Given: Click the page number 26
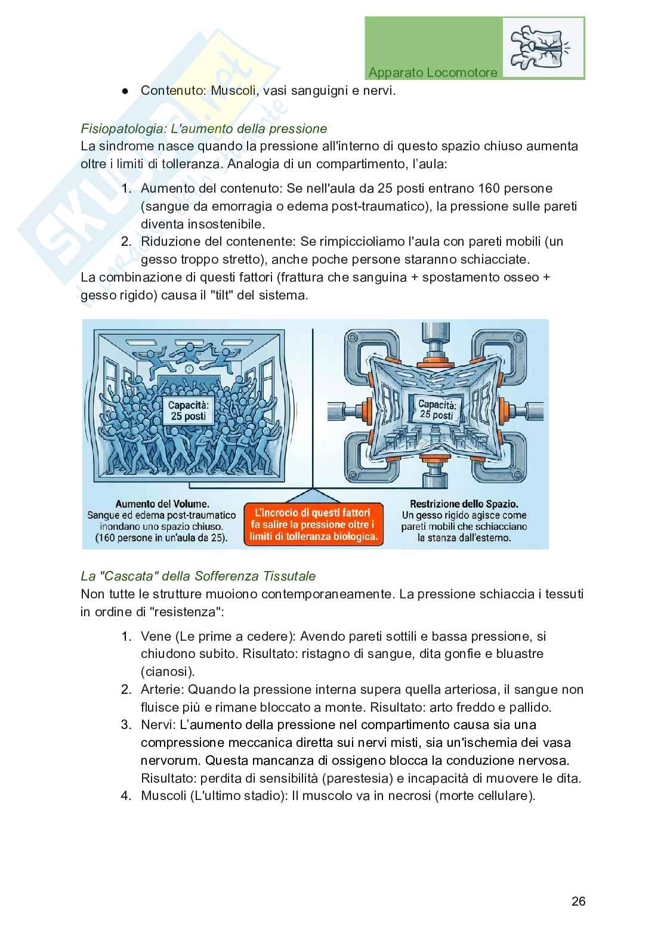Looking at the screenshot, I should pyautogui.click(x=578, y=901).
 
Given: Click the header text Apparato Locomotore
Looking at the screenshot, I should pyautogui.click(x=433, y=73).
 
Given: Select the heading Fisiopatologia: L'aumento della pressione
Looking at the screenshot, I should pyautogui.click(x=203, y=128).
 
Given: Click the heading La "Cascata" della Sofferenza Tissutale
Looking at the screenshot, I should pyautogui.click(x=198, y=576).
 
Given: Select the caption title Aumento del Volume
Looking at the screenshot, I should pyautogui.click(x=162, y=504).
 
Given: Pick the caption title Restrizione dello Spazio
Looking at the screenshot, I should pyautogui.click(x=464, y=504).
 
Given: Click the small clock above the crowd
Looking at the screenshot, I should pyautogui.click(x=189, y=369).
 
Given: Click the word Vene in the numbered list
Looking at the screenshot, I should pyautogui.click(x=153, y=636).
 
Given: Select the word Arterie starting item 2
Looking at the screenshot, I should pyautogui.click(x=162, y=690).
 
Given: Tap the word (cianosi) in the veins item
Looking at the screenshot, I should pyautogui.click(x=168, y=671).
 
